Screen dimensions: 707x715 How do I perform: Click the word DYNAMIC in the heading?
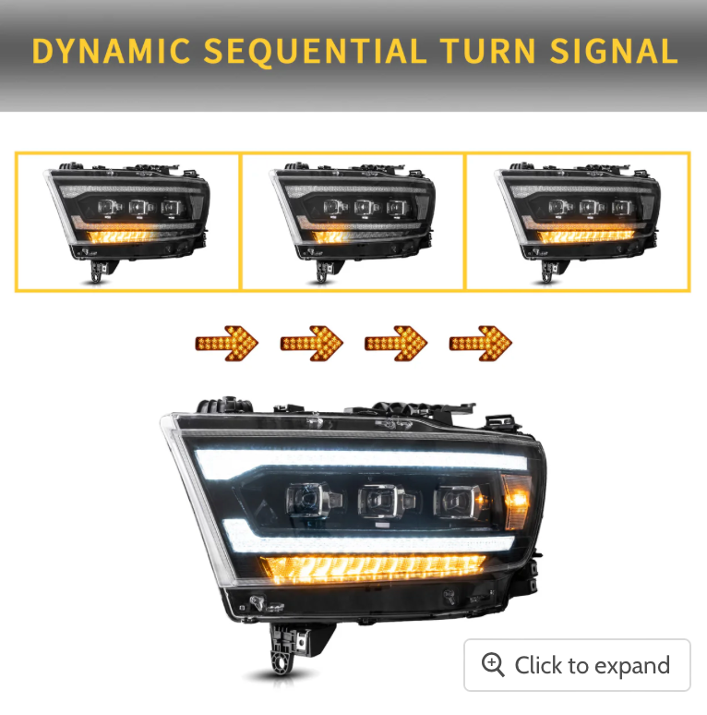click(x=111, y=51)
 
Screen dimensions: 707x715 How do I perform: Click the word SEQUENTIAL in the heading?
click(x=316, y=51)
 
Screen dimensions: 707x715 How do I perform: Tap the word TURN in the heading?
click(x=488, y=51)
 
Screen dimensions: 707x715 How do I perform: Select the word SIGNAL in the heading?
click(x=614, y=51)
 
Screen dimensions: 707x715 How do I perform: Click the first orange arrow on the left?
click(x=227, y=344)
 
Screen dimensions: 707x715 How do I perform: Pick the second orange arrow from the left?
click(x=312, y=344)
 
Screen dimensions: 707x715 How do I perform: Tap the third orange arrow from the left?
click(x=396, y=344)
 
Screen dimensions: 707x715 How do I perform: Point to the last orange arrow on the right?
click(x=481, y=344)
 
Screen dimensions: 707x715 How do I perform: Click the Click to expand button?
click(x=577, y=665)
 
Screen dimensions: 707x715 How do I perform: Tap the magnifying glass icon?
click(x=493, y=665)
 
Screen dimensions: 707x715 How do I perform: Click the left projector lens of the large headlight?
click(x=312, y=501)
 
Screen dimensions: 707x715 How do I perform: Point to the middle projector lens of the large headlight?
click(x=386, y=501)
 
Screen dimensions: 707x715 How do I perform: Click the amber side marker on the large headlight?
click(x=517, y=501)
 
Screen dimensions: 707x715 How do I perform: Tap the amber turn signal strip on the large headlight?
click(x=374, y=569)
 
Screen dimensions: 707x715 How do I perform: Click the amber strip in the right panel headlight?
click(x=586, y=236)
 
